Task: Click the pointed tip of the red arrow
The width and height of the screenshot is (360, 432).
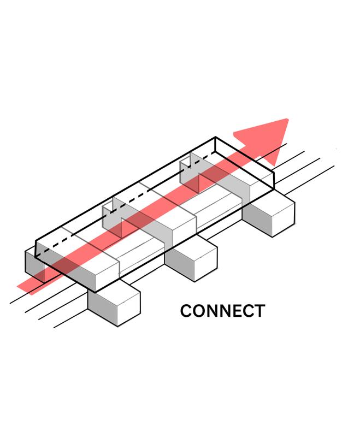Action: [287, 119]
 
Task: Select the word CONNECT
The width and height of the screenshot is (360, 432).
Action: [222, 311]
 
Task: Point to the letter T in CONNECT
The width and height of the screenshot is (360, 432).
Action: [258, 311]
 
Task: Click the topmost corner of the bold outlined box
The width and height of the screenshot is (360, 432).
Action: [216, 137]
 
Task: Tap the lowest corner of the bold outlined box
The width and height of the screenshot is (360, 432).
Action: [95, 291]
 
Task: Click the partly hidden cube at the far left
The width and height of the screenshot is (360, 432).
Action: [34, 265]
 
